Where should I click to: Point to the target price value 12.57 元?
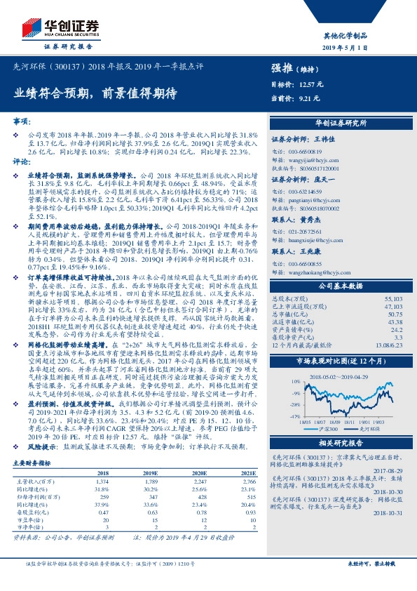(x=310, y=84)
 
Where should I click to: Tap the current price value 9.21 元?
(x=308, y=99)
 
